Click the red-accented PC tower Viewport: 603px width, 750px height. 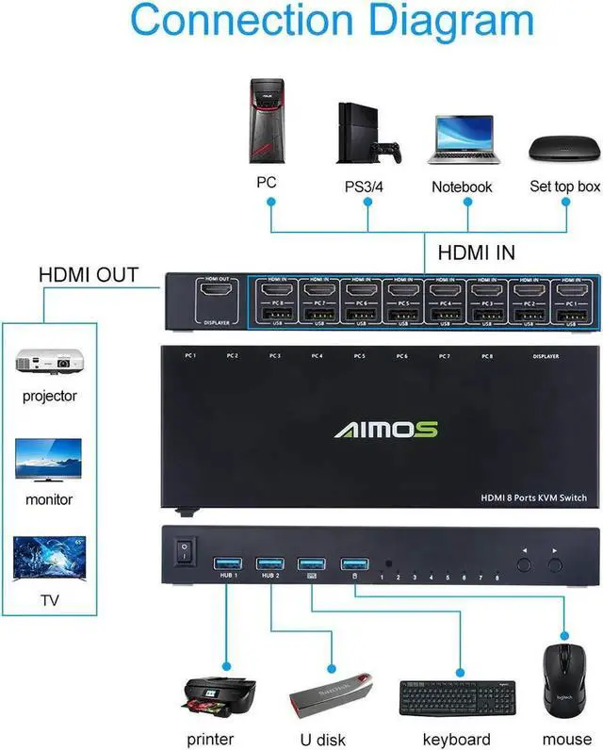pyautogui.click(x=266, y=120)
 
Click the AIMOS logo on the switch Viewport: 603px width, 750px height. pyautogui.click(x=385, y=430)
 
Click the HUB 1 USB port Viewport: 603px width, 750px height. pyautogui.click(x=227, y=563)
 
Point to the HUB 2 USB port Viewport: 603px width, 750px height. pyautogui.click(x=270, y=563)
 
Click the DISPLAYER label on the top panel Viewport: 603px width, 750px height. pyautogui.click(x=546, y=356)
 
